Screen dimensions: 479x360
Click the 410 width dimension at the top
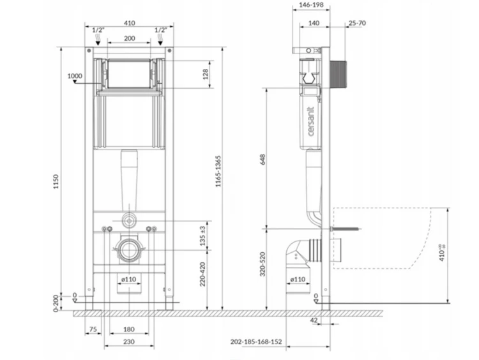point(129,23)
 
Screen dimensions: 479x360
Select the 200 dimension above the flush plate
point(129,38)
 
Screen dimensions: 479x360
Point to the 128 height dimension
point(205,74)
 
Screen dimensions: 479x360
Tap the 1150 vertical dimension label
point(56,181)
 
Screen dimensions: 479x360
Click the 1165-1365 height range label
point(218,171)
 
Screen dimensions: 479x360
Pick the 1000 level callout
point(75,76)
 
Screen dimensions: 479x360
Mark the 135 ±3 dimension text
point(202,236)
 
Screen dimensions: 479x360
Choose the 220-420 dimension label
point(202,274)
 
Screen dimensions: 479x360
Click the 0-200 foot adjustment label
point(56,303)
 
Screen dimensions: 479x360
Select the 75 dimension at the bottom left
point(93,329)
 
